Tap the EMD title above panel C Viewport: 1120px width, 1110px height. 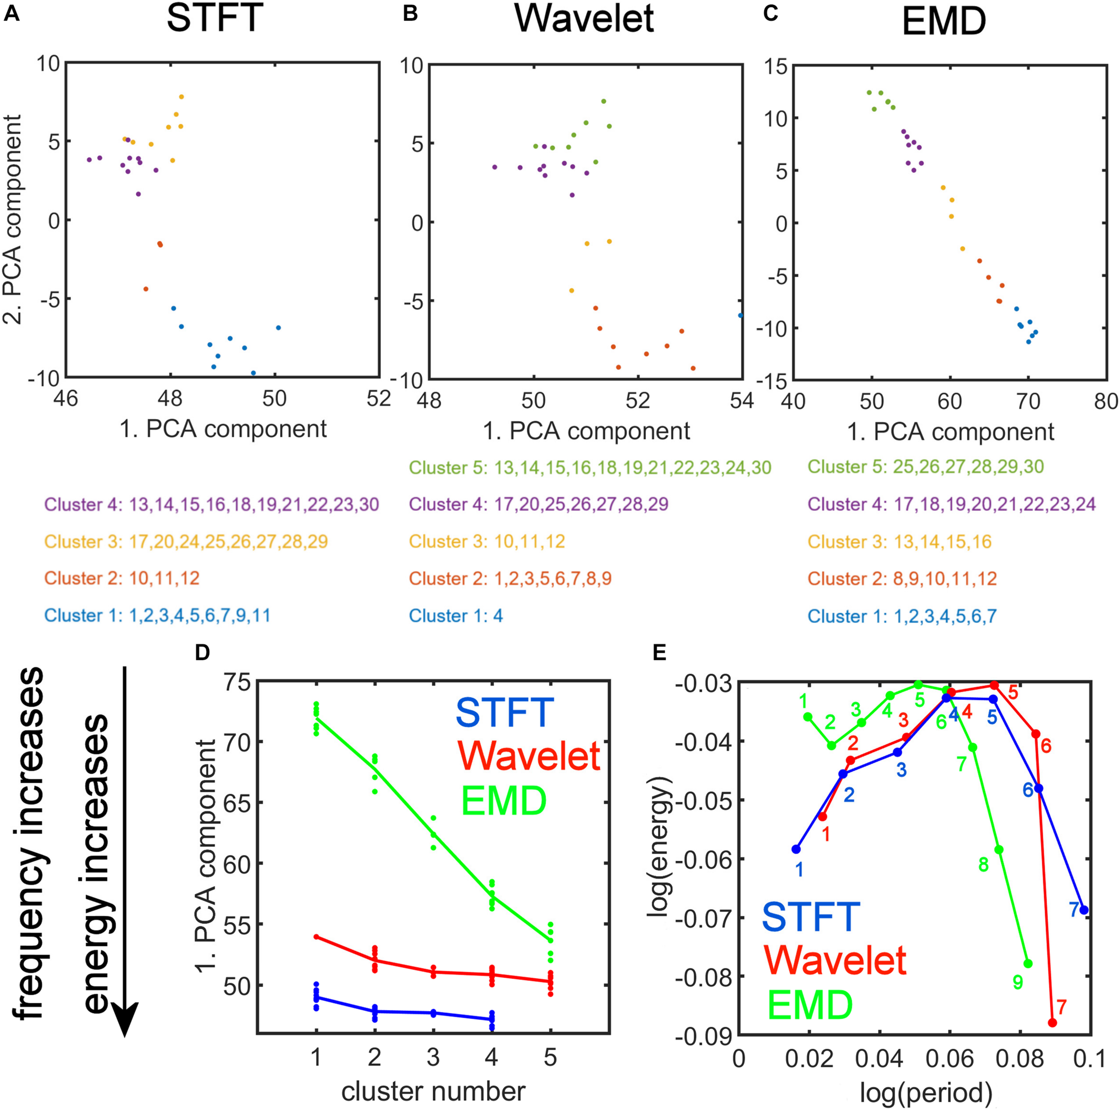pos(944,22)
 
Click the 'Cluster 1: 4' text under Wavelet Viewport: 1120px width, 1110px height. pos(456,616)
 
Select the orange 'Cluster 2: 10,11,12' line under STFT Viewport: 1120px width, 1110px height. pos(122,578)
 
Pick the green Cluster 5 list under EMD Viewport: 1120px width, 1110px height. pos(926,467)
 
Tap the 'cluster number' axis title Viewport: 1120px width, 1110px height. pos(433,1091)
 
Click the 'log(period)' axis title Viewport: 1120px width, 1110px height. pos(926,1093)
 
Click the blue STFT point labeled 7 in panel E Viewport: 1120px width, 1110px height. pos(1083,910)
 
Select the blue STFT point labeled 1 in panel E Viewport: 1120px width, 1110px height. pos(796,849)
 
